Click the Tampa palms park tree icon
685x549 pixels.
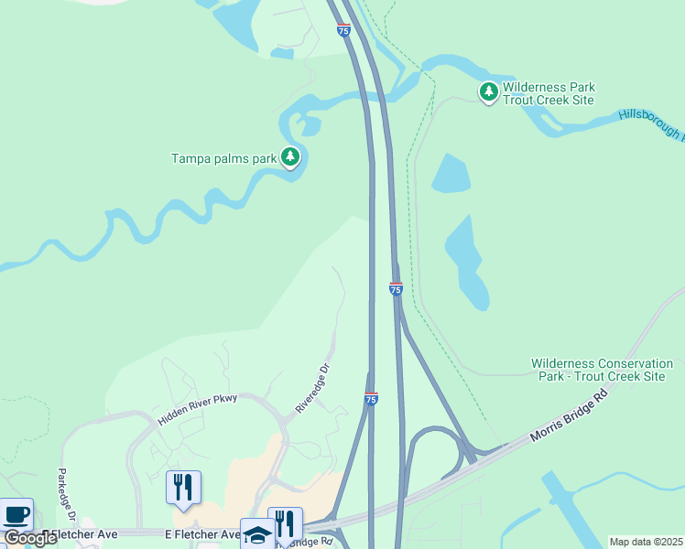[290, 157]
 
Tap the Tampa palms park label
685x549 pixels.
[223, 158]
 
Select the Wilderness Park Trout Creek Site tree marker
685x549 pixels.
[489, 91]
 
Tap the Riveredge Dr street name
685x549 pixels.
[312, 388]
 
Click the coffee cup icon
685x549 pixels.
[16, 515]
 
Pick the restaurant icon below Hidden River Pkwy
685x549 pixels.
[183, 488]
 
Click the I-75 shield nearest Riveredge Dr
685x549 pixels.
[371, 399]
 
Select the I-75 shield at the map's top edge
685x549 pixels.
[343, 30]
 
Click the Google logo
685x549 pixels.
[30, 538]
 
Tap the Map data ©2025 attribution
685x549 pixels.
[646, 542]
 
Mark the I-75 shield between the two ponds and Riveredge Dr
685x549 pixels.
[396, 289]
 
